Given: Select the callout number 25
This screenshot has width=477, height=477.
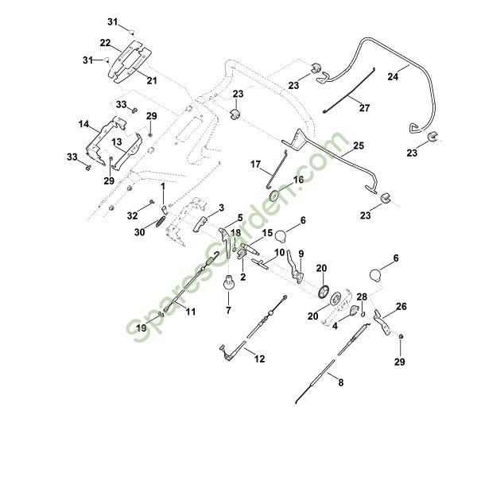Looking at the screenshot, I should point(359,146).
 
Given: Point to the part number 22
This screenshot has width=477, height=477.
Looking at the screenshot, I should point(105,42).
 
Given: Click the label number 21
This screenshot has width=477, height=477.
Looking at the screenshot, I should point(151,80).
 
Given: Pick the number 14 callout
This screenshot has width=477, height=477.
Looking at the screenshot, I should point(83,125).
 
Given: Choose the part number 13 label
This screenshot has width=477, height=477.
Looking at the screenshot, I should point(115,142).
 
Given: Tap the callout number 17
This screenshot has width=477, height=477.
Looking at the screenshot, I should point(256,165).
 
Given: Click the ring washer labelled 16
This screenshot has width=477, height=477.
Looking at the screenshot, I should point(275,193).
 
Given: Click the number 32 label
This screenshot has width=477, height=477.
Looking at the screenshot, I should point(133,215).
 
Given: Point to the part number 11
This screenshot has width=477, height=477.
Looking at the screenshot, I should point(191,312).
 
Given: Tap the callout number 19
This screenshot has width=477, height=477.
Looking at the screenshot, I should point(140,328).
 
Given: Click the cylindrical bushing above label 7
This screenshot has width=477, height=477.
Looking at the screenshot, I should point(227,281).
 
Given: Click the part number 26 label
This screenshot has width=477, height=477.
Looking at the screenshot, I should point(401,306).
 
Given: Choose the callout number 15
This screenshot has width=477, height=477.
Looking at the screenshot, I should point(267,233).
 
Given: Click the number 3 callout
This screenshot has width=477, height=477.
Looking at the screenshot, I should point(222,207).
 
